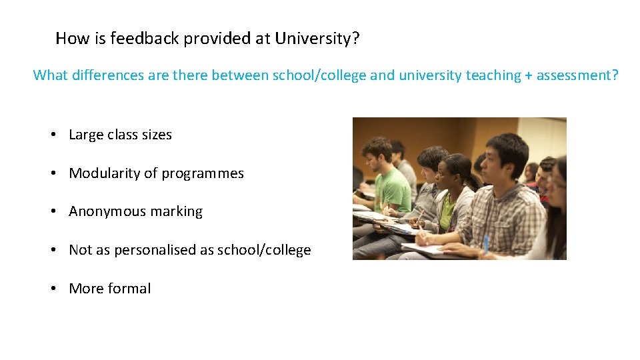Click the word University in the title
click(317, 39)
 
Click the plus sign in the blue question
click(529, 76)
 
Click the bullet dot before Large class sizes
click(51, 135)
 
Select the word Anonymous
click(102, 212)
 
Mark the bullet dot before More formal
click(51, 289)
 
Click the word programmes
click(203, 174)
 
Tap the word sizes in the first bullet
click(157, 135)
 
